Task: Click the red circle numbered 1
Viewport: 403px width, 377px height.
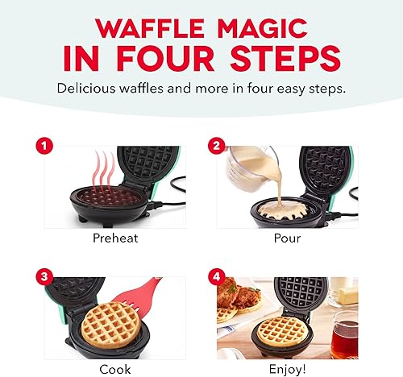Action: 44,146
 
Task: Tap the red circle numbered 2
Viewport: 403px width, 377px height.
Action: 216,146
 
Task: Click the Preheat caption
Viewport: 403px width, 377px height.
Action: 114,239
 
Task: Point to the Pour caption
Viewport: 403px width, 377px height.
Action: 287,239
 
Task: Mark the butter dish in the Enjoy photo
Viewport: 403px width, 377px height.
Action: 346,292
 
